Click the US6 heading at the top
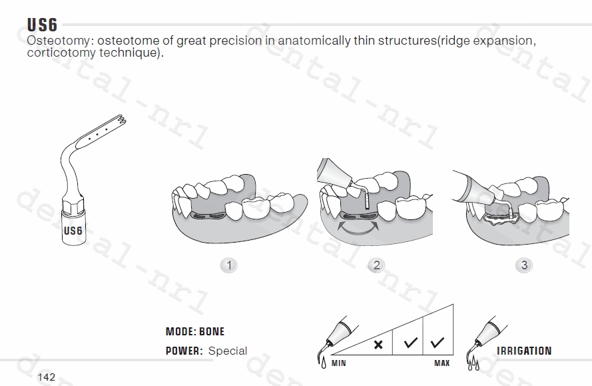43,25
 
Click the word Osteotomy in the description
59,41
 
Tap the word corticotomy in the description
61,53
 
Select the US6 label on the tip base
73,231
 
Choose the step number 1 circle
229,265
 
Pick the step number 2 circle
376,265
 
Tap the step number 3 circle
524,265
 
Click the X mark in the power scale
378,345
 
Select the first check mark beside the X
410,343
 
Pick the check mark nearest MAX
438,343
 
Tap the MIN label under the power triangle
339,363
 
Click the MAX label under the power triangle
442,363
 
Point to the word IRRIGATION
524,351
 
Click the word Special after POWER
228,351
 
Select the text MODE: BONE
195,331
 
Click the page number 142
47,377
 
